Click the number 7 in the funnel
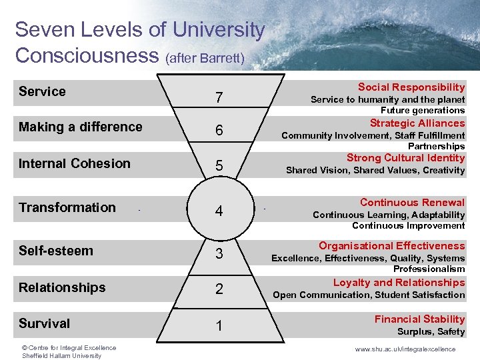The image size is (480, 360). pyautogui.click(x=219, y=98)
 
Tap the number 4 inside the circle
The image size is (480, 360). pyautogui.click(x=219, y=212)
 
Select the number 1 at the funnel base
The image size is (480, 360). pyautogui.click(x=219, y=326)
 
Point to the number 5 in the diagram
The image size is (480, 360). pyautogui.click(x=219, y=166)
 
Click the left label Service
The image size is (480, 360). pyautogui.click(x=42, y=91)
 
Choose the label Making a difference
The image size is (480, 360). pyautogui.click(x=81, y=127)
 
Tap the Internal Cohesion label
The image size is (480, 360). pyautogui.click(x=75, y=163)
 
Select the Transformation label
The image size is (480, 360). pyautogui.click(x=67, y=207)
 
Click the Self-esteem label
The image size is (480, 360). pyautogui.click(x=56, y=251)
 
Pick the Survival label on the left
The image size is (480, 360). pyautogui.click(x=44, y=323)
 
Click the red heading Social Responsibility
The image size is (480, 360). pyautogui.click(x=411, y=87)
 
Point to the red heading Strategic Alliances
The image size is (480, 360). pyautogui.click(x=417, y=123)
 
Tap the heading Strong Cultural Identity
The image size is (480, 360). pyautogui.click(x=405, y=158)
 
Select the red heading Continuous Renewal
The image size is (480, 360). pyautogui.click(x=412, y=203)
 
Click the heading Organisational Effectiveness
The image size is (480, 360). pyautogui.click(x=391, y=246)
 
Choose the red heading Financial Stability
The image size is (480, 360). pyautogui.click(x=419, y=319)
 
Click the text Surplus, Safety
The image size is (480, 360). pyautogui.click(x=431, y=331)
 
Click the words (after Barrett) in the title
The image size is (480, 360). pyautogui.click(x=205, y=59)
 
